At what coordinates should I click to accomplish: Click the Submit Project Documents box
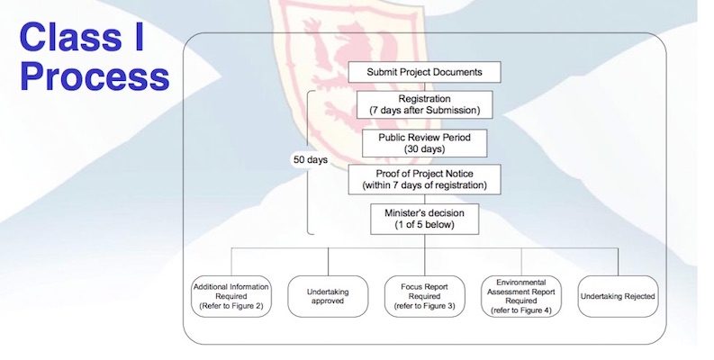pyautogui.click(x=423, y=71)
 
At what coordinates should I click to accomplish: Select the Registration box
pyautogui.click(x=424, y=103)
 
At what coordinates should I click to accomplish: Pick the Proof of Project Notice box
pyautogui.click(x=424, y=178)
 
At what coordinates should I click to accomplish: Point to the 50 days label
pyautogui.click(x=311, y=159)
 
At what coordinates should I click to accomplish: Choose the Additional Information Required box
pyautogui.click(x=227, y=296)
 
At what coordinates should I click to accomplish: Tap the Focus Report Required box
pyautogui.click(x=423, y=296)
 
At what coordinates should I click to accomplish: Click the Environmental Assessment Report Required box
pyautogui.click(x=521, y=296)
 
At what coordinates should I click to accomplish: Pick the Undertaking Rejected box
pyautogui.click(x=618, y=296)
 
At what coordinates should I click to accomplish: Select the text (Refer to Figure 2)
pyautogui.click(x=227, y=307)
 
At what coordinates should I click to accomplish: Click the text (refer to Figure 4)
pyautogui.click(x=521, y=310)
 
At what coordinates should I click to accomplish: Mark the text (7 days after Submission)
pyautogui.click(x=424, y=111)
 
